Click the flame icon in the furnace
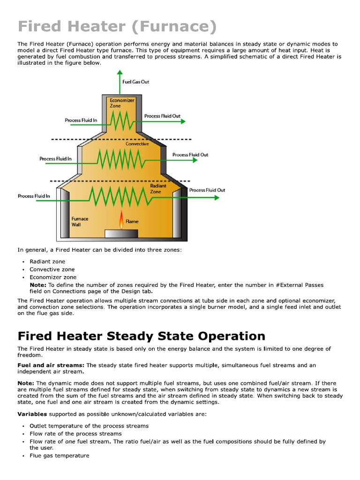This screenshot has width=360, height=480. (x=121, y=220)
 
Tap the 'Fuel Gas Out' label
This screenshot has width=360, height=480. (x=135, y=82)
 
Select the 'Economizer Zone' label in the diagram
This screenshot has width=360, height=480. (x=122, y=103)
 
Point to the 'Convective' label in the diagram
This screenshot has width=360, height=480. (x=137, y=144)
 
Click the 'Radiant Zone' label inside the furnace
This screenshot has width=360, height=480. (x=158, y=189)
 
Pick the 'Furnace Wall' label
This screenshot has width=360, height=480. (x=80, y=222)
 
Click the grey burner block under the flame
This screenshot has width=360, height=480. (x=121, y=233)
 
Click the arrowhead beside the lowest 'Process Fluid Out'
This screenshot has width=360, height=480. (x=216, y=198)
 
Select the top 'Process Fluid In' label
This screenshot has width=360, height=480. (x=81, y=120)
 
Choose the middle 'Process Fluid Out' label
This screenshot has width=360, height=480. (x=190, y=155)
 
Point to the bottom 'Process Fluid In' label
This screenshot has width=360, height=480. (x=34, y=196)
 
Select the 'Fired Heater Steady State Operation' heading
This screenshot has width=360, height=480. (x=141, y=336)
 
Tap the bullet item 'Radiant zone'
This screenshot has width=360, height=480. (x=47, y=262)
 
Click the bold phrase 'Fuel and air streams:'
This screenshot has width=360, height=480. (x=51, y=365)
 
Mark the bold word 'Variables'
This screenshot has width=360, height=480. (x=32, y=414)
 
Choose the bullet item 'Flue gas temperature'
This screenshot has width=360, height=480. (x=59, y=455)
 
